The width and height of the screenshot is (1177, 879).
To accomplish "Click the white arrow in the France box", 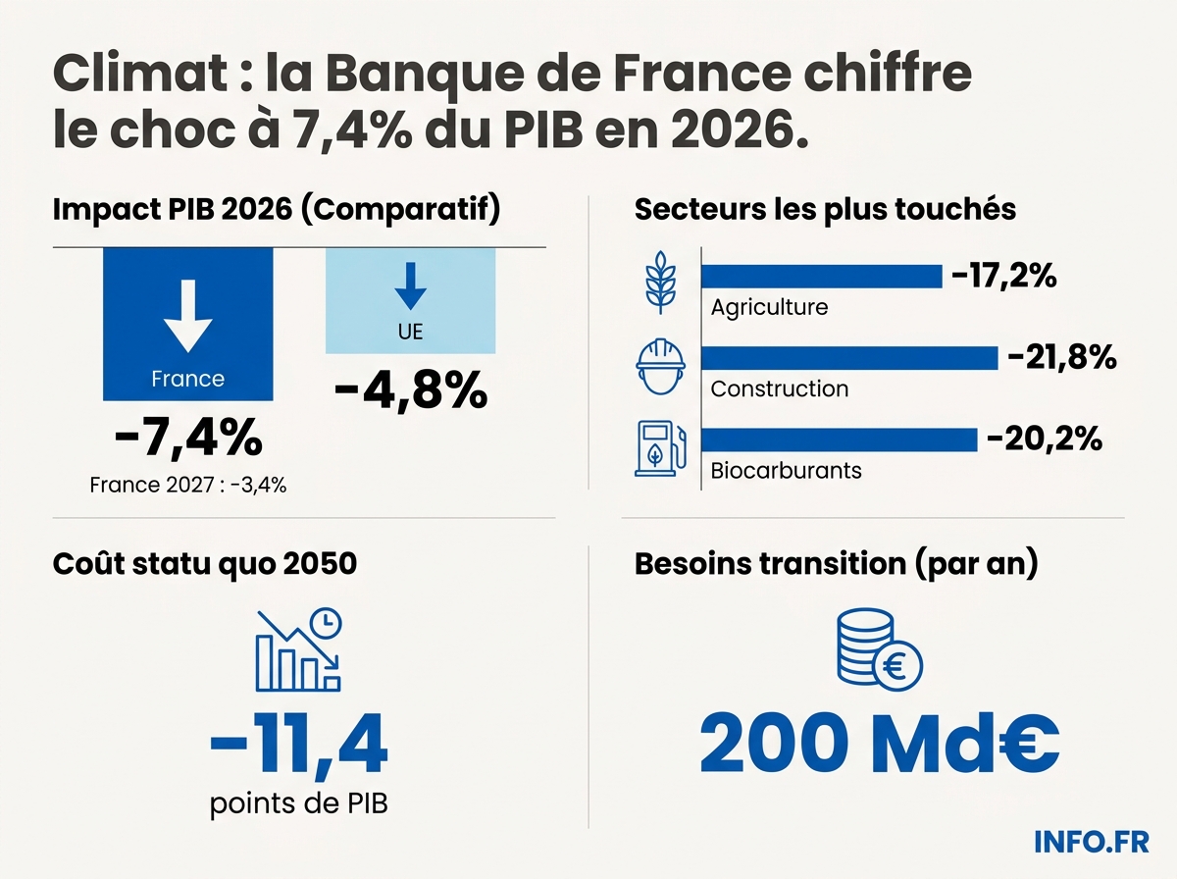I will [187, 314].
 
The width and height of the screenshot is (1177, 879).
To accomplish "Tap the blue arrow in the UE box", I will [410, 284].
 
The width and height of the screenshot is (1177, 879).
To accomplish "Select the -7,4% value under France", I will [188, 438].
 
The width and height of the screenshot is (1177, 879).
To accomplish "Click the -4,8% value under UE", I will [410, 390].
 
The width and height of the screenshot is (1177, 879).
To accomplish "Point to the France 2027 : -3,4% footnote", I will [188, 484].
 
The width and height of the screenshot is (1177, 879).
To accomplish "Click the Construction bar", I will [849, 358].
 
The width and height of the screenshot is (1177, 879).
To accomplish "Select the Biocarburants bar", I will [840, 439].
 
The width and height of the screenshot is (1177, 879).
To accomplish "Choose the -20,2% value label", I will [1043, 439].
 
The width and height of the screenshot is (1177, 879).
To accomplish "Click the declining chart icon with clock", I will [298, 649].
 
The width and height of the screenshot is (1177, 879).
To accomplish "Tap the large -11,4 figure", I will [298, 746].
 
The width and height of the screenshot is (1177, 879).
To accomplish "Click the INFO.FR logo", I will [1091, 841].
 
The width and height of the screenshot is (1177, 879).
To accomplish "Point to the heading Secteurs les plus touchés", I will [825, 209].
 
